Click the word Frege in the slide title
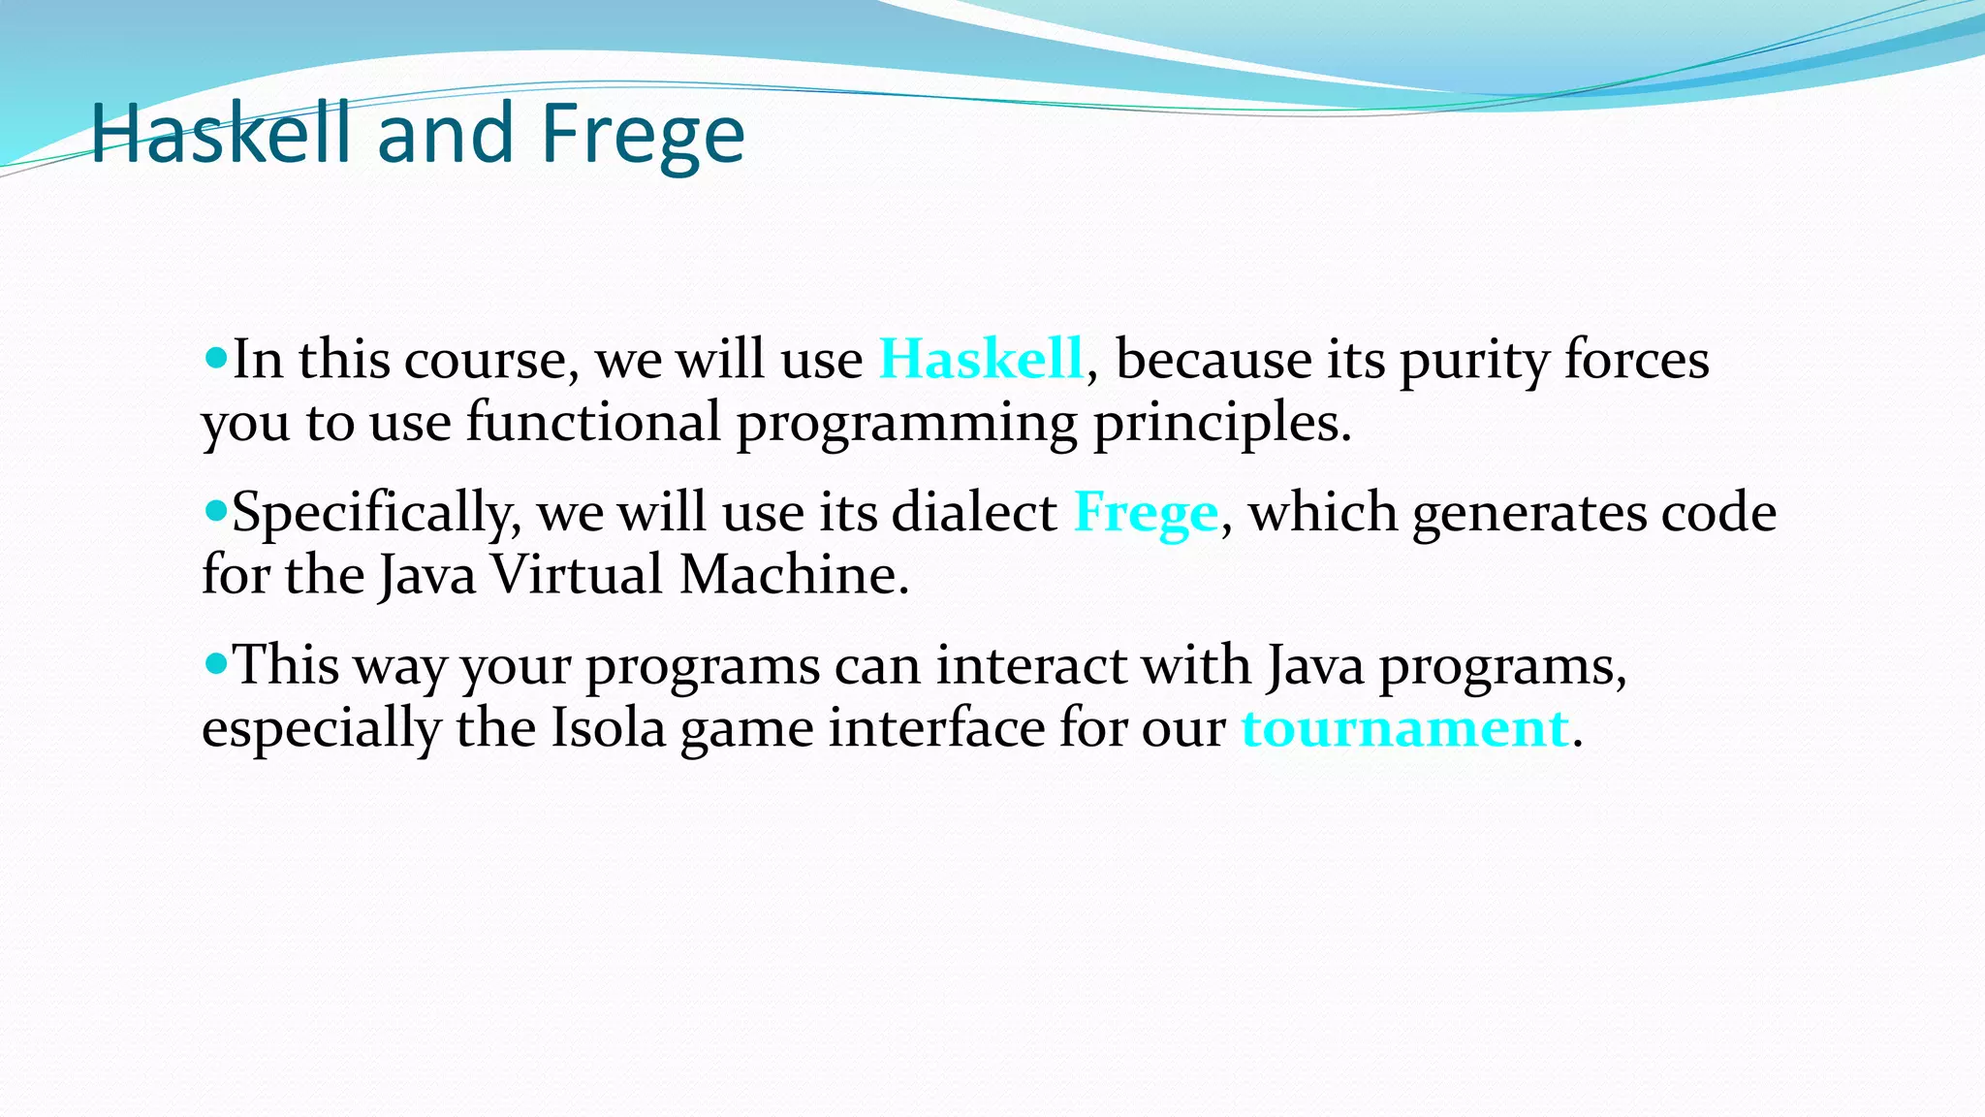click(643, 136)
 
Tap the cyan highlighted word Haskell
click(981, 359)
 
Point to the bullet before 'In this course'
click(215, 358)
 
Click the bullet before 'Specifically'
click(215, 510)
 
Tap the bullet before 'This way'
click(215, 664)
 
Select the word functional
click(593, 422)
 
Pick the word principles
click(1221, 424)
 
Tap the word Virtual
click(577, 574)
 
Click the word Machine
click(793, 574)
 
